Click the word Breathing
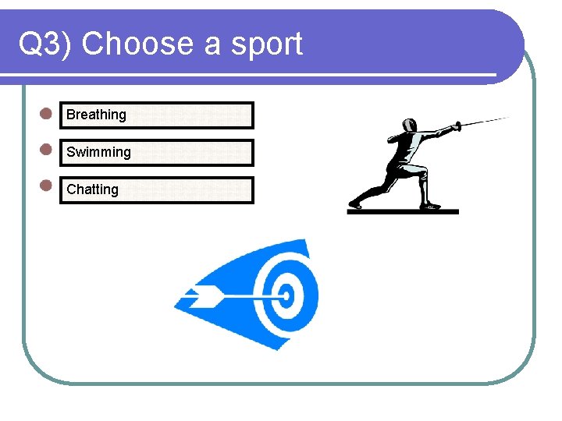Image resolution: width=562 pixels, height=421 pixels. click(x=96, y=115)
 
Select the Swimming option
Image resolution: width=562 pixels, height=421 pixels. click(x=98, y=152)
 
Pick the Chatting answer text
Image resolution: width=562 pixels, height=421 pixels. click(x=92, y=189)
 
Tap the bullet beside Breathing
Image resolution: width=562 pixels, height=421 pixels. click(x=46, y=113)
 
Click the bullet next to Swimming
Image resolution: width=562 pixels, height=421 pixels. click(x=46, y=148)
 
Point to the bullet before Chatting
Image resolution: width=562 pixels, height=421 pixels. click(x=46, y=186)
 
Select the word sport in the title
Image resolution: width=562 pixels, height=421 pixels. click(x=266, y=45)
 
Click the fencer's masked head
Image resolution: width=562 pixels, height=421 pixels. click(x=408, y=126)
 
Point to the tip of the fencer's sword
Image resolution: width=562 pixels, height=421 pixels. click(x=510, y=117)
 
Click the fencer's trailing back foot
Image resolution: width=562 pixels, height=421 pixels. click(x=355, y=204)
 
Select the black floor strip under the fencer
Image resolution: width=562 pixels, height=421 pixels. click(x=403, y=211)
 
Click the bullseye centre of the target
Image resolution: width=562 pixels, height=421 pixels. click(x=286, y=295)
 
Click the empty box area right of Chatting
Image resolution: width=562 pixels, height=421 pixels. click(x=187, y=189)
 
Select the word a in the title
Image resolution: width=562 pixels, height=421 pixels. click(x=212, y=45)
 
